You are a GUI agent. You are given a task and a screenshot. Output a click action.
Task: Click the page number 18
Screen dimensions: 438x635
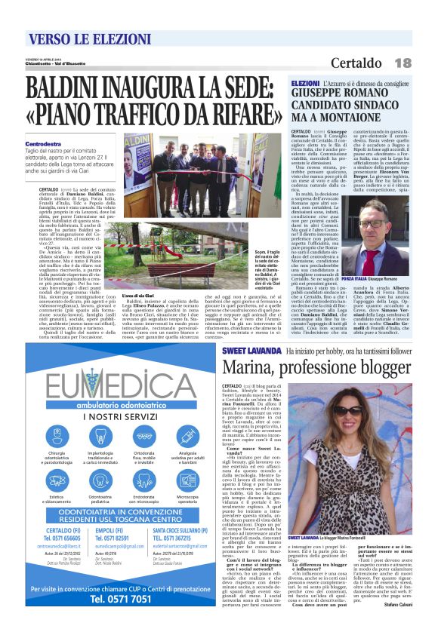(402, 62)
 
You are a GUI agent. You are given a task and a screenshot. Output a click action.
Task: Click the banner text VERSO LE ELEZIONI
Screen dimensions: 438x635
(82, 41)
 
